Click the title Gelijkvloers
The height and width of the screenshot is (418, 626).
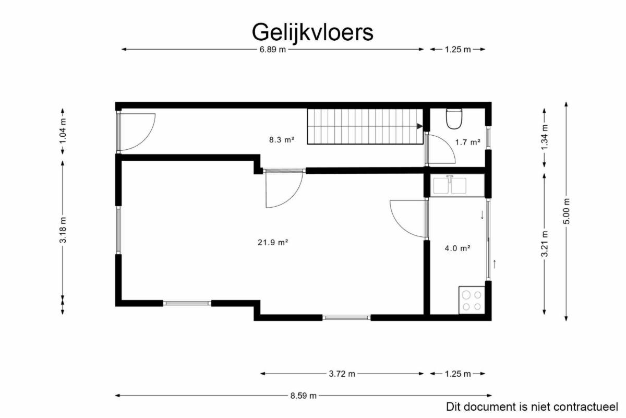tap(312, 33)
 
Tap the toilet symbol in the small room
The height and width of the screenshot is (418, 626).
tap(454, 118)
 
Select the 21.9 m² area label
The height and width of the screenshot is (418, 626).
tap(273, 242)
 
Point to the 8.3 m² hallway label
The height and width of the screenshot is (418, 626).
tap(282, 139)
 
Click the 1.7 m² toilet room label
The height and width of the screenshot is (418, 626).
tap(468, 142)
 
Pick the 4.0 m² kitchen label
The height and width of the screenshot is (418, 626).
tap(458, 248)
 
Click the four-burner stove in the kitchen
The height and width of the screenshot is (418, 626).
tap(472, 300)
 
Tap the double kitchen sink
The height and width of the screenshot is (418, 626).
tap(450, 185)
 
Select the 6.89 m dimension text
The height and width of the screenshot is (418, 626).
tap(273, 50)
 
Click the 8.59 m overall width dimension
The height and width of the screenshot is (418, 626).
tap(303, 396)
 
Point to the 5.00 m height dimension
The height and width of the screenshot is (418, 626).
tap(566, 211)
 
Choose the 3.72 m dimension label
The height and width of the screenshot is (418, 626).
tap(342, 374)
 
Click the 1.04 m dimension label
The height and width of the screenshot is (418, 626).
tap(63, 131)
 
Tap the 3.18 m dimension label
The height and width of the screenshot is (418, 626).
tap(63, 230)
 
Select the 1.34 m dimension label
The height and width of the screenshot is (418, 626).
tap(545, 137)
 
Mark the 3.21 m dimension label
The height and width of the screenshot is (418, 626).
tap(545, 244)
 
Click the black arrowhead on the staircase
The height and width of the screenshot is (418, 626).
tap(419, 126)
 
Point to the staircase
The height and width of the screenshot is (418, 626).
tap(365, 126)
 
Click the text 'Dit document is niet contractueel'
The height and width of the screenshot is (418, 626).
tap(532, 407)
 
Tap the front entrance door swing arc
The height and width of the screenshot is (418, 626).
tap(146, 138)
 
